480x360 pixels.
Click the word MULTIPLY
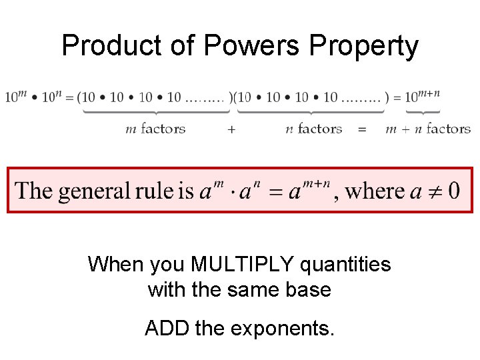(x=243, y=265)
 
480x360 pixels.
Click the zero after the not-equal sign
(x=453, y=191)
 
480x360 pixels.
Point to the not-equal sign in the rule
(x=433, y=191)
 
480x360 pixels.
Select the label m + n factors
(x=428, y=129)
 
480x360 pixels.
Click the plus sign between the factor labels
(x=231, y=129)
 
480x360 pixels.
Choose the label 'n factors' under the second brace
(x=313, y=129)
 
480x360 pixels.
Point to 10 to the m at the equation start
(x=16, y=97)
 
